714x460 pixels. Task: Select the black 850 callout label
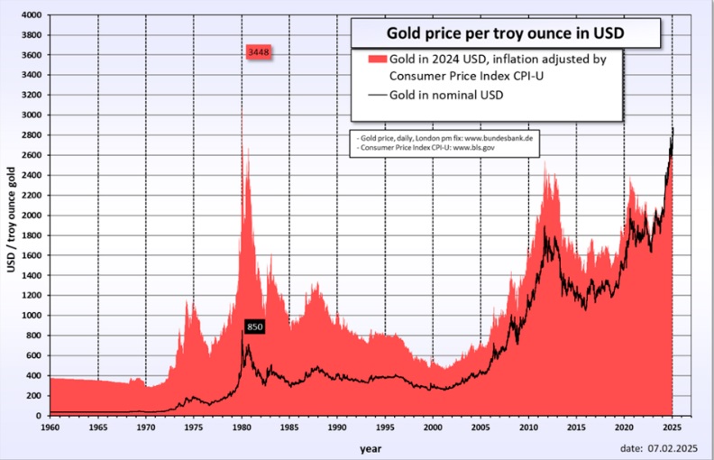pos(254,327)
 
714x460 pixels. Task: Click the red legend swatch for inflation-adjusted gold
pos(375,59)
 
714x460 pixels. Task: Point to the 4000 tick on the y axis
pos(31,15)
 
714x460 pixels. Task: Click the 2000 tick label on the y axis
pos(31,216)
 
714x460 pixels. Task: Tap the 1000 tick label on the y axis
pos(31,316)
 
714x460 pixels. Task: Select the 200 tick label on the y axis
pos(33,396)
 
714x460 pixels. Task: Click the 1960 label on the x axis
pos(50,426)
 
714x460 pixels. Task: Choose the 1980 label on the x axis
pos(242,426)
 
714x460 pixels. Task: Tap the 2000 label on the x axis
pos(433,426)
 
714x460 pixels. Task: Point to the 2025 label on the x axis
pos(672,426)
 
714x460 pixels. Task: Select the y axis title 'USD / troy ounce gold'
pos(11,216)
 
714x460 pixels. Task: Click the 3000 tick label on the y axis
pos(31,115)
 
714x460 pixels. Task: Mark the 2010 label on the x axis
pos(528,426)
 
